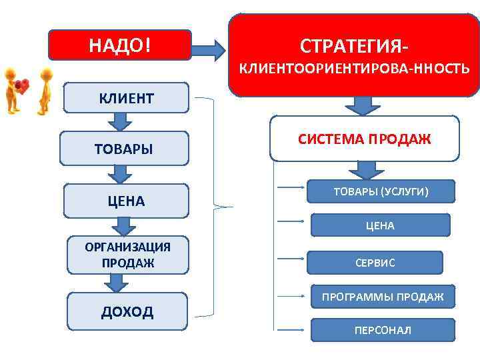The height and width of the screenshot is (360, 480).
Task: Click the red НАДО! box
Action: pyautogui.click(x=120, y=45)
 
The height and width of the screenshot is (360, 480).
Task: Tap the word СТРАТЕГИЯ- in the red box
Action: pyautogui.click(x=354, y=47)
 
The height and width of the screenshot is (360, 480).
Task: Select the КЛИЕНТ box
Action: pyautogui.click(x=126, y=99)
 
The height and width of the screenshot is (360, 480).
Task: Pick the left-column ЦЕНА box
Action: pyautogui.click(x=126, y=201)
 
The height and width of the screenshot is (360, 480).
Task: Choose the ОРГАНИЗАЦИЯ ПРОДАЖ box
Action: pyautogui.click(x=127, y=255)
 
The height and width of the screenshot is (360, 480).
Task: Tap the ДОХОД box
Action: pyautogui.click(x=127, y=311)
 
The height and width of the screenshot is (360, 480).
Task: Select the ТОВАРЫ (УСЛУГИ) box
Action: pyautogui.click(x=381, y=192)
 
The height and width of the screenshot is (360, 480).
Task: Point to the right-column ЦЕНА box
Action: pyautogui.click(x=379, y=225)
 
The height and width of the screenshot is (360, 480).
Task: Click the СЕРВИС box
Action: pyautogui.click(x=374, y=263)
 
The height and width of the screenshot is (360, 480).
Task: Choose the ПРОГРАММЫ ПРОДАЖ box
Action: pyautogui.click(x=382, y=297)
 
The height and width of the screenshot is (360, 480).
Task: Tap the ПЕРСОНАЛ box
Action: pyautogui.click(x=382, y=330)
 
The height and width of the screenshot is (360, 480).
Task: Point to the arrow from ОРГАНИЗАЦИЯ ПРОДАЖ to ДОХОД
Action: pyautogui.click(x=117, y=283)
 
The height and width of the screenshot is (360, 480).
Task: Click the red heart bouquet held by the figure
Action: pyautogui.click(x=22, y=85)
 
